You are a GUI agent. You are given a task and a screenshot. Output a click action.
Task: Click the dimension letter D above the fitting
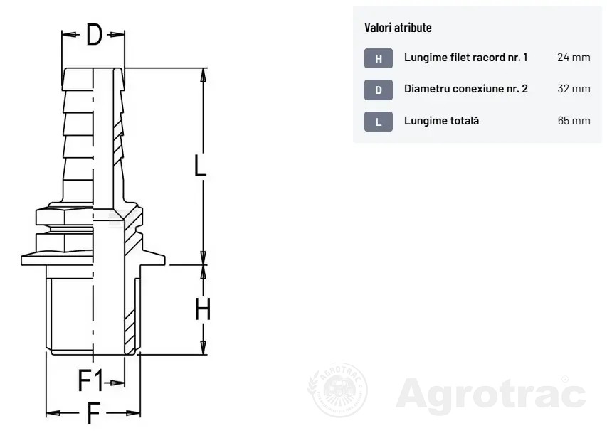[94, 34]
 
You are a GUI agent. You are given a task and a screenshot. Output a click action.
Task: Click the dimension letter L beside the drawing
[200, 166]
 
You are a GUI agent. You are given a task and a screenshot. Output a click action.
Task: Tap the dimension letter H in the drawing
[203, 309]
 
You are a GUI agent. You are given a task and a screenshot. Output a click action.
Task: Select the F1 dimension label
[90, 380]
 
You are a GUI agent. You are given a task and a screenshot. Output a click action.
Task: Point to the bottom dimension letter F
[94, 413]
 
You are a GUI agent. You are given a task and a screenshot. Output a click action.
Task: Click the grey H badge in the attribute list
[378, 58]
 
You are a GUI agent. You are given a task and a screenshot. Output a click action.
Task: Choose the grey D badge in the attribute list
[378, 90]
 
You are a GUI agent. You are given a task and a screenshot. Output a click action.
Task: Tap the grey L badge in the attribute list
[378, 122]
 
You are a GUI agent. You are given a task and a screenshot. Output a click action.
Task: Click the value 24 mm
[574, 58]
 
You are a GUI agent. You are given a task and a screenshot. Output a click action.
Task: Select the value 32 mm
[574, 89]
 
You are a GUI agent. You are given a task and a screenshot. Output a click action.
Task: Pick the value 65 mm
[574, 121]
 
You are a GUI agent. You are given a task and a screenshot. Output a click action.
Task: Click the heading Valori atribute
[398, 28]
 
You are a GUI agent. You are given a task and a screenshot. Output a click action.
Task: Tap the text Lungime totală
[441, 121]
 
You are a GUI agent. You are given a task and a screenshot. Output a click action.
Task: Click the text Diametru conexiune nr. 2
[465, 89]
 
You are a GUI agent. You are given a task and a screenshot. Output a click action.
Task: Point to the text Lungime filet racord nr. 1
[465, 58]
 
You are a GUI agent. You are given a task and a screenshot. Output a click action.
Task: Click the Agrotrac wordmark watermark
[491, 394]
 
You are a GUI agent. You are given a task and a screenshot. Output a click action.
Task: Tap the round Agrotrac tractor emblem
[337, 390]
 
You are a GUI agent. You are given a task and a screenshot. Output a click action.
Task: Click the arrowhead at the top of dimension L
[203, 75]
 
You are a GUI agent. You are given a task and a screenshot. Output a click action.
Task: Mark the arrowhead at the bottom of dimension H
[203, 347]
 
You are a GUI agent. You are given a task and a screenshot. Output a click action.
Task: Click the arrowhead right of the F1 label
[117, 383]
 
